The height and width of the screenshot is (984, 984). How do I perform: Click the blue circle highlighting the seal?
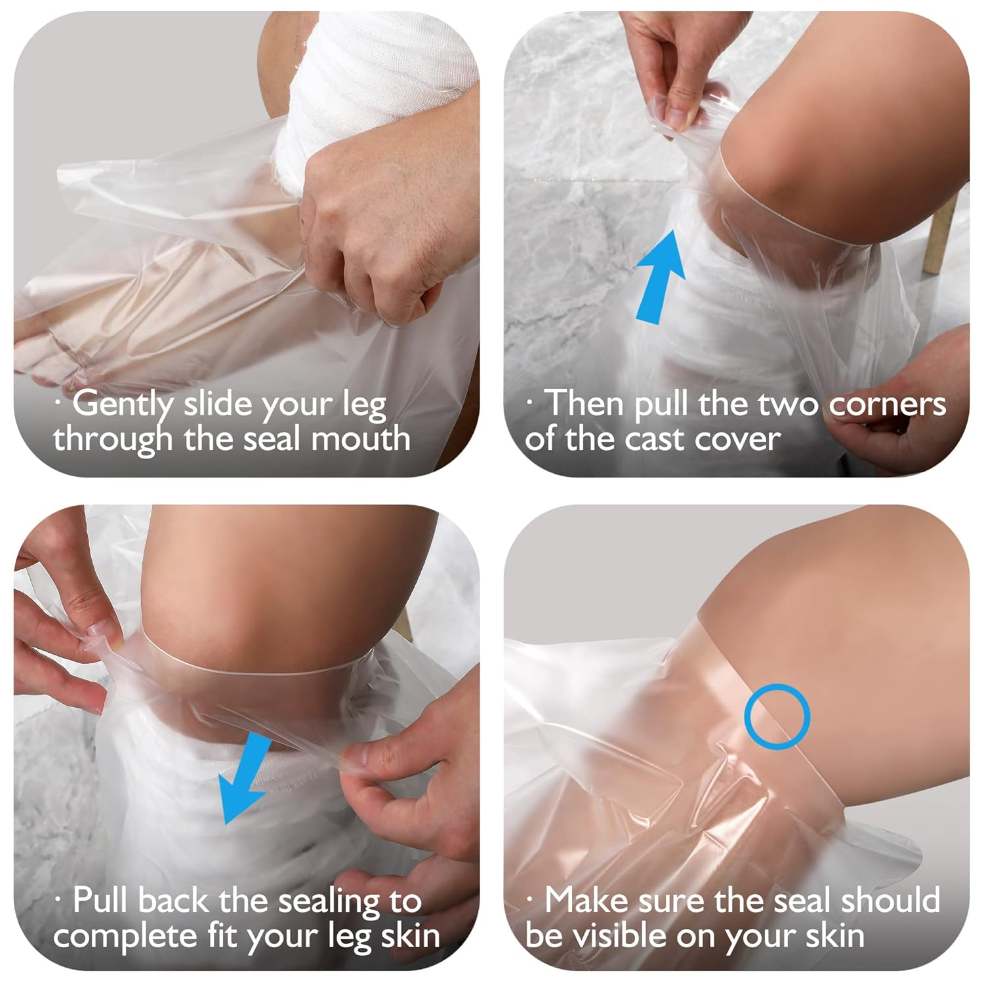tap(777, 716)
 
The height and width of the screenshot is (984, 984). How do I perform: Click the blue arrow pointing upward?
tap(661, 276)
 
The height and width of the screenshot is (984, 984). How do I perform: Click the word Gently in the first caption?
tap(122, 404)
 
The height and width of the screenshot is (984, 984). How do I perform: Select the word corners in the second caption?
tap(887, 404)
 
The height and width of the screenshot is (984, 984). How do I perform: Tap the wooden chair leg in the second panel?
tap(945, 236)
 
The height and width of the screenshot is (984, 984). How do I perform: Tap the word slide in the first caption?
tap(218, 404)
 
